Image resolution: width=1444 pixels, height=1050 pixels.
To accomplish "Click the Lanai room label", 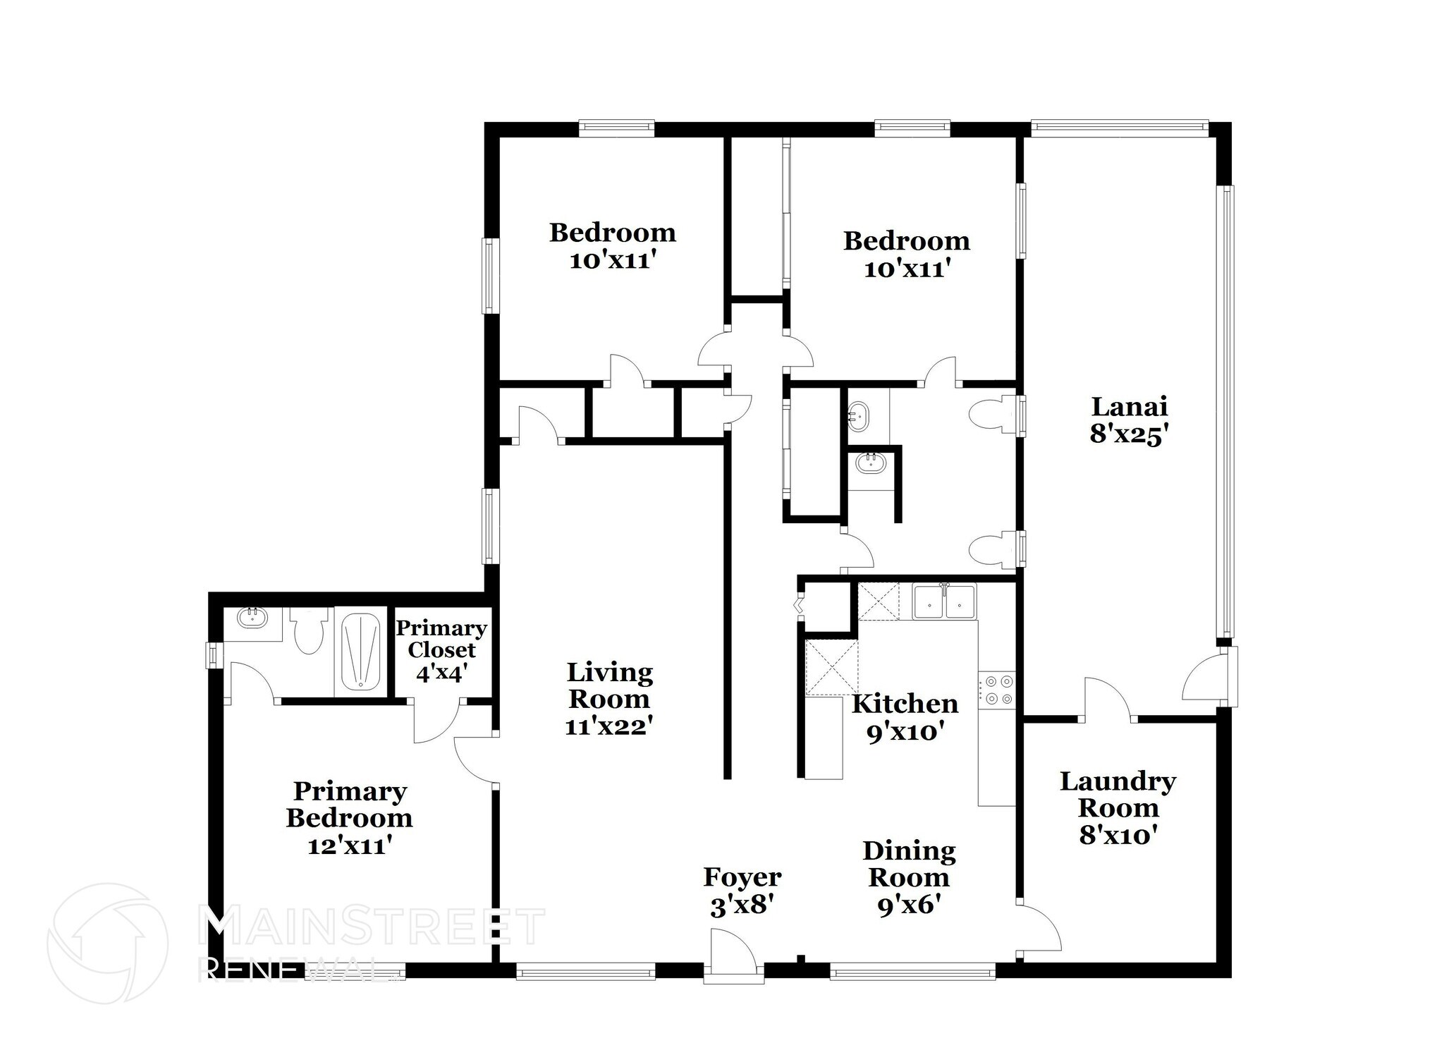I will click(x=1129, y=407).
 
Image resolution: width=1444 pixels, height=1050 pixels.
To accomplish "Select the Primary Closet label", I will click(x=441, y=639).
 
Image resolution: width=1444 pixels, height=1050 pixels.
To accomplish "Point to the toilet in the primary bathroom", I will click(x=309, y=631).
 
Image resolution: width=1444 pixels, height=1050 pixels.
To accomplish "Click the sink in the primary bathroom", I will click(x=252, y=618).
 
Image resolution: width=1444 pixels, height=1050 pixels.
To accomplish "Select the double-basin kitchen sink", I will click(x=943, y=603).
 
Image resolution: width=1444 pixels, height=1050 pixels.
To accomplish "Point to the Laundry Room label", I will click(x=1118, y=794).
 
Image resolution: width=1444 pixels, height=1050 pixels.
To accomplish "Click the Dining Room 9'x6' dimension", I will click(x=909, y=905).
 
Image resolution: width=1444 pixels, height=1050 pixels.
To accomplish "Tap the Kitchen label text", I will click(x=905, y=704).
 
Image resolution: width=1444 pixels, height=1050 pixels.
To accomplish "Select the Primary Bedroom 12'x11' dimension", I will click(x=350, y=846).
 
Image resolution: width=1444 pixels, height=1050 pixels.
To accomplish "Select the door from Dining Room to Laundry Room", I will click(x=1039, y=927).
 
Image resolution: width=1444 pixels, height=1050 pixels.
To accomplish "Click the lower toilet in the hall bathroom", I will click(x=993, y=549).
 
